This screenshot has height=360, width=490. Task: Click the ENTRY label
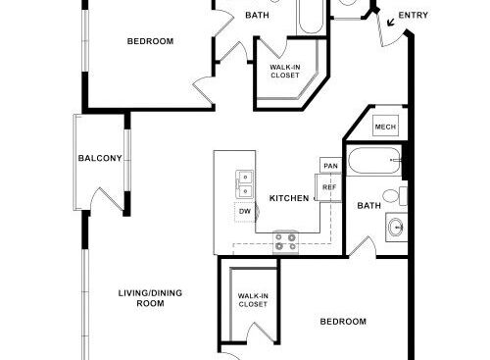(414, 15)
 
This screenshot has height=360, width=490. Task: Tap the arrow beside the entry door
(391, 23)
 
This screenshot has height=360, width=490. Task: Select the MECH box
(385, 126)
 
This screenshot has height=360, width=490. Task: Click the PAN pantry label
(330, 166)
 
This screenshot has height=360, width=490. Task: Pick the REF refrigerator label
(329, 187)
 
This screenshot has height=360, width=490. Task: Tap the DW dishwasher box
(245, 212)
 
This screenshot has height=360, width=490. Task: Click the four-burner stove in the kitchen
(286, 242)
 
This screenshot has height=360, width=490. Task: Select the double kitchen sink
(244, 184)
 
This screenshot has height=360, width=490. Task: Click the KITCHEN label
(289, 198)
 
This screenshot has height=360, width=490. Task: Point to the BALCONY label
(100, 158)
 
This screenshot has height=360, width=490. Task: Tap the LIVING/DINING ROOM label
(150, 298)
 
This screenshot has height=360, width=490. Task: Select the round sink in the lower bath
(397, 227)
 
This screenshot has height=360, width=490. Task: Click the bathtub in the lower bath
(374, 161)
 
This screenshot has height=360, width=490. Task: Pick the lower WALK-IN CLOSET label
(253, 300)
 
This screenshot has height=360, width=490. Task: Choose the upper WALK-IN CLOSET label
(285, 71)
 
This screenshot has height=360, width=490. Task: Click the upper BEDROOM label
(150, 41)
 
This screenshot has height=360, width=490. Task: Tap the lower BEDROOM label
(343, 322)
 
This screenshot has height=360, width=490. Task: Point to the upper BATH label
(257, 15)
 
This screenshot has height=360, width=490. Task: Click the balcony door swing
(107, 198)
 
